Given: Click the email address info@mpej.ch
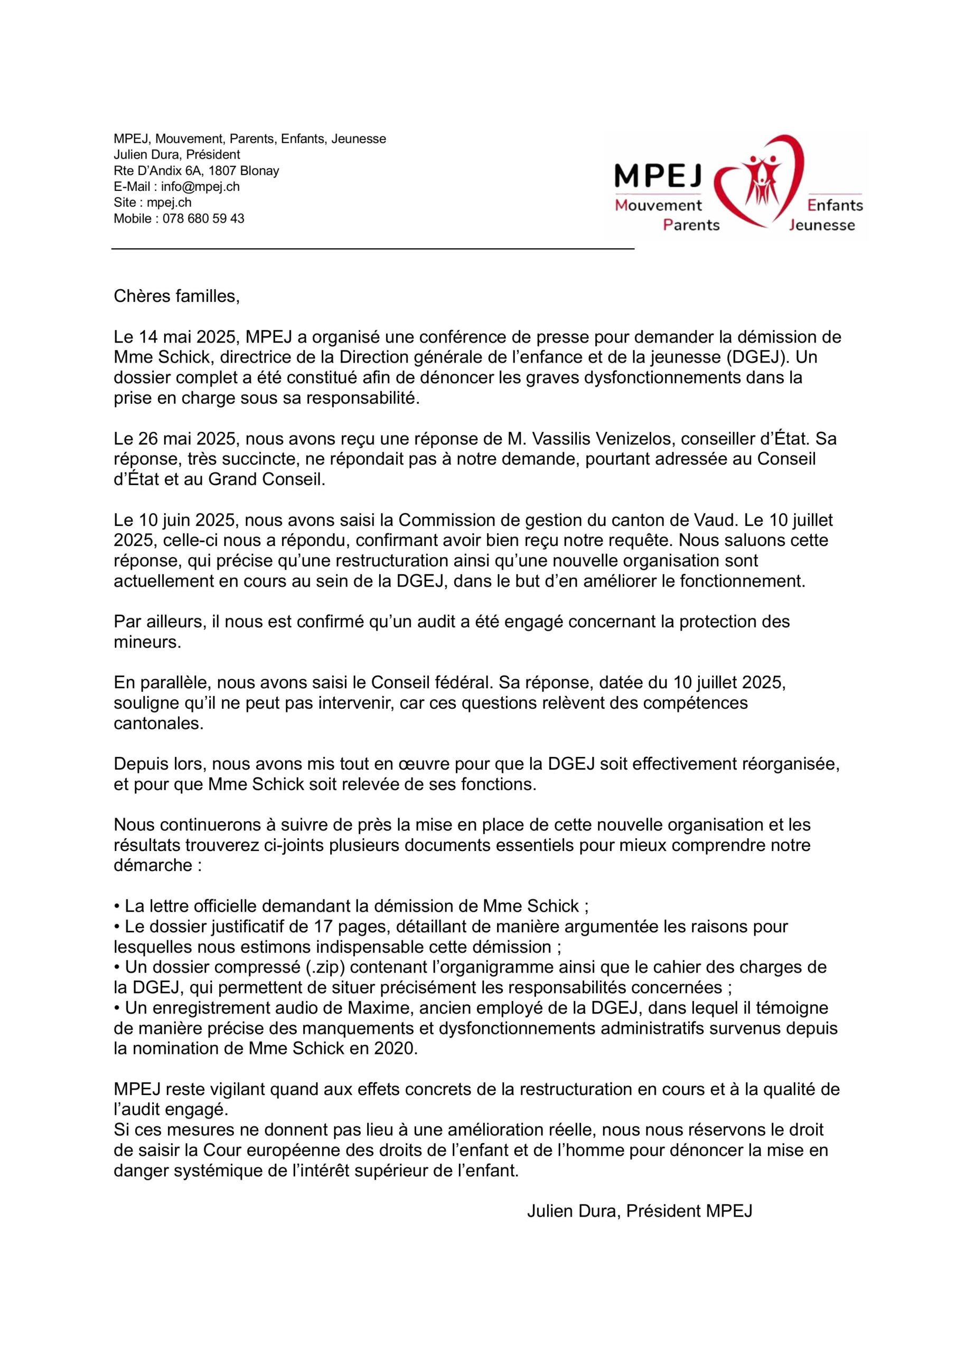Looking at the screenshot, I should click(200, 187).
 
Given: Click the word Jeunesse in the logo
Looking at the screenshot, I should click(822, 225).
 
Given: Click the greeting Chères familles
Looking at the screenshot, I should click(177, 296).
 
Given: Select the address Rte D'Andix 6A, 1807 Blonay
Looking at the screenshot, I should click(196, 171).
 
